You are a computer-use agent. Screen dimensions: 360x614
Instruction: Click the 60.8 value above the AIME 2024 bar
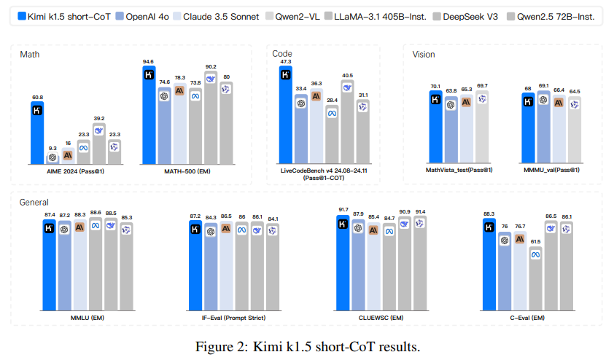(37, 96)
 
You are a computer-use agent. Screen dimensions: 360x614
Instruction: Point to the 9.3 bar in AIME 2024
(53, 157)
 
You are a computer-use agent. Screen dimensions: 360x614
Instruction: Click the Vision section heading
(424, 55)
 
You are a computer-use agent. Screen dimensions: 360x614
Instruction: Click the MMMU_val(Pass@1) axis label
(552, 170)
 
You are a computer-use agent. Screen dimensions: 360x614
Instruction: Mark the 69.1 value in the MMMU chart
(543, 87)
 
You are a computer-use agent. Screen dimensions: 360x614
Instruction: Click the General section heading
(34, 202)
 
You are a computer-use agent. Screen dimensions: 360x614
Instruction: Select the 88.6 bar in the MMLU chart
(95, 265)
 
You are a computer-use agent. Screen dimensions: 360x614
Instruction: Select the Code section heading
(282, 54)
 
